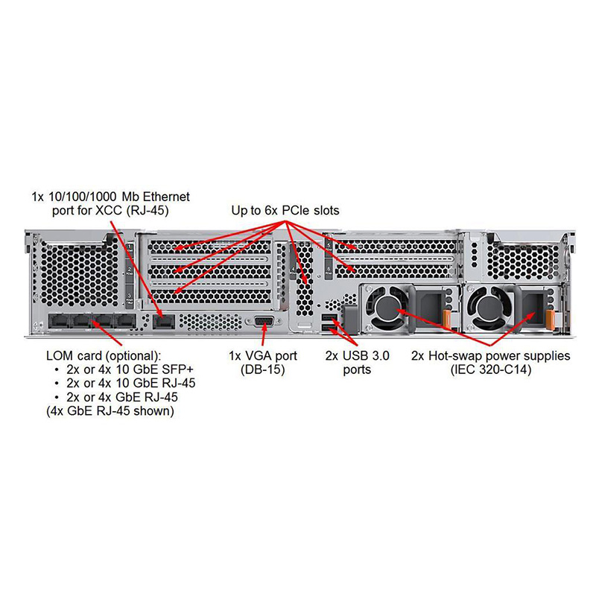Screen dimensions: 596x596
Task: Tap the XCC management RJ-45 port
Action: [x=162, y=321]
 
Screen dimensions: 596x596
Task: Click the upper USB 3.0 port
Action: [x=329, y=319]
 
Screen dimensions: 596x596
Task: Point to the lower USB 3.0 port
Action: [x=329, y=329]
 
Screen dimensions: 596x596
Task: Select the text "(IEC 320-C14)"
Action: [x=491, y=370]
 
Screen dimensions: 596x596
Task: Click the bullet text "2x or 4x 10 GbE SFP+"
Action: [x=130, y=370]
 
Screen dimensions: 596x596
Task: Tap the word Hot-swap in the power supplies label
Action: [x=462, y=356]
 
